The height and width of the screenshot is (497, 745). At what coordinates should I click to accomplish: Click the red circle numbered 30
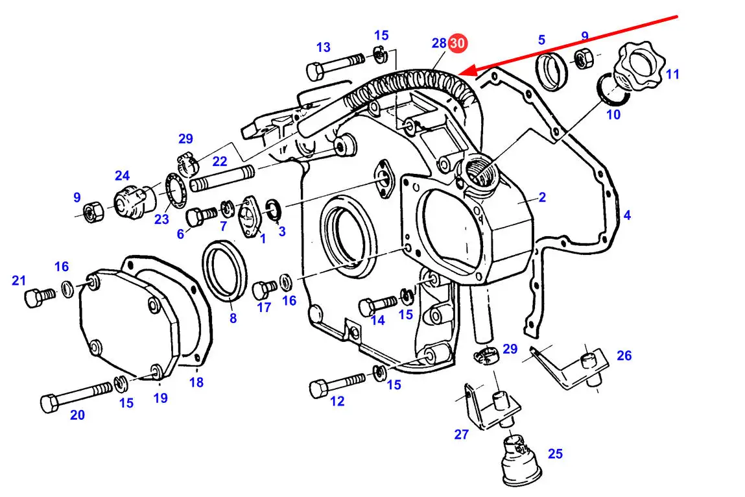click(x=457, y=43)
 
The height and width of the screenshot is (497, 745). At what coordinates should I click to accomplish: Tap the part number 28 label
click(x=439, y=43)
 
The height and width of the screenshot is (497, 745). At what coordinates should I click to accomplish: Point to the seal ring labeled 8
click(x=226, y=270)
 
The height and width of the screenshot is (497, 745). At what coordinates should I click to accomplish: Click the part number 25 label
click(x=555, y=454)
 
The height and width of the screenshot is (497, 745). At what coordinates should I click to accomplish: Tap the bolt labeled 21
click(x=39, y=297)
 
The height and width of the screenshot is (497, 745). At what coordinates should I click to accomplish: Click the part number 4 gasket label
click(x=627, y=215)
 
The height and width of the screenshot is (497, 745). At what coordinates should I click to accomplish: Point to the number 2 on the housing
click(x=542, y=197)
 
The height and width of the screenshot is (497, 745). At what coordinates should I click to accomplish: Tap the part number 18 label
click(x=196, y=382)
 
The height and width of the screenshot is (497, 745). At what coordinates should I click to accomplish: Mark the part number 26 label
click(x=623, y=356)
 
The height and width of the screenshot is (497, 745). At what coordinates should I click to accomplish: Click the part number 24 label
click(x=122, y=175)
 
